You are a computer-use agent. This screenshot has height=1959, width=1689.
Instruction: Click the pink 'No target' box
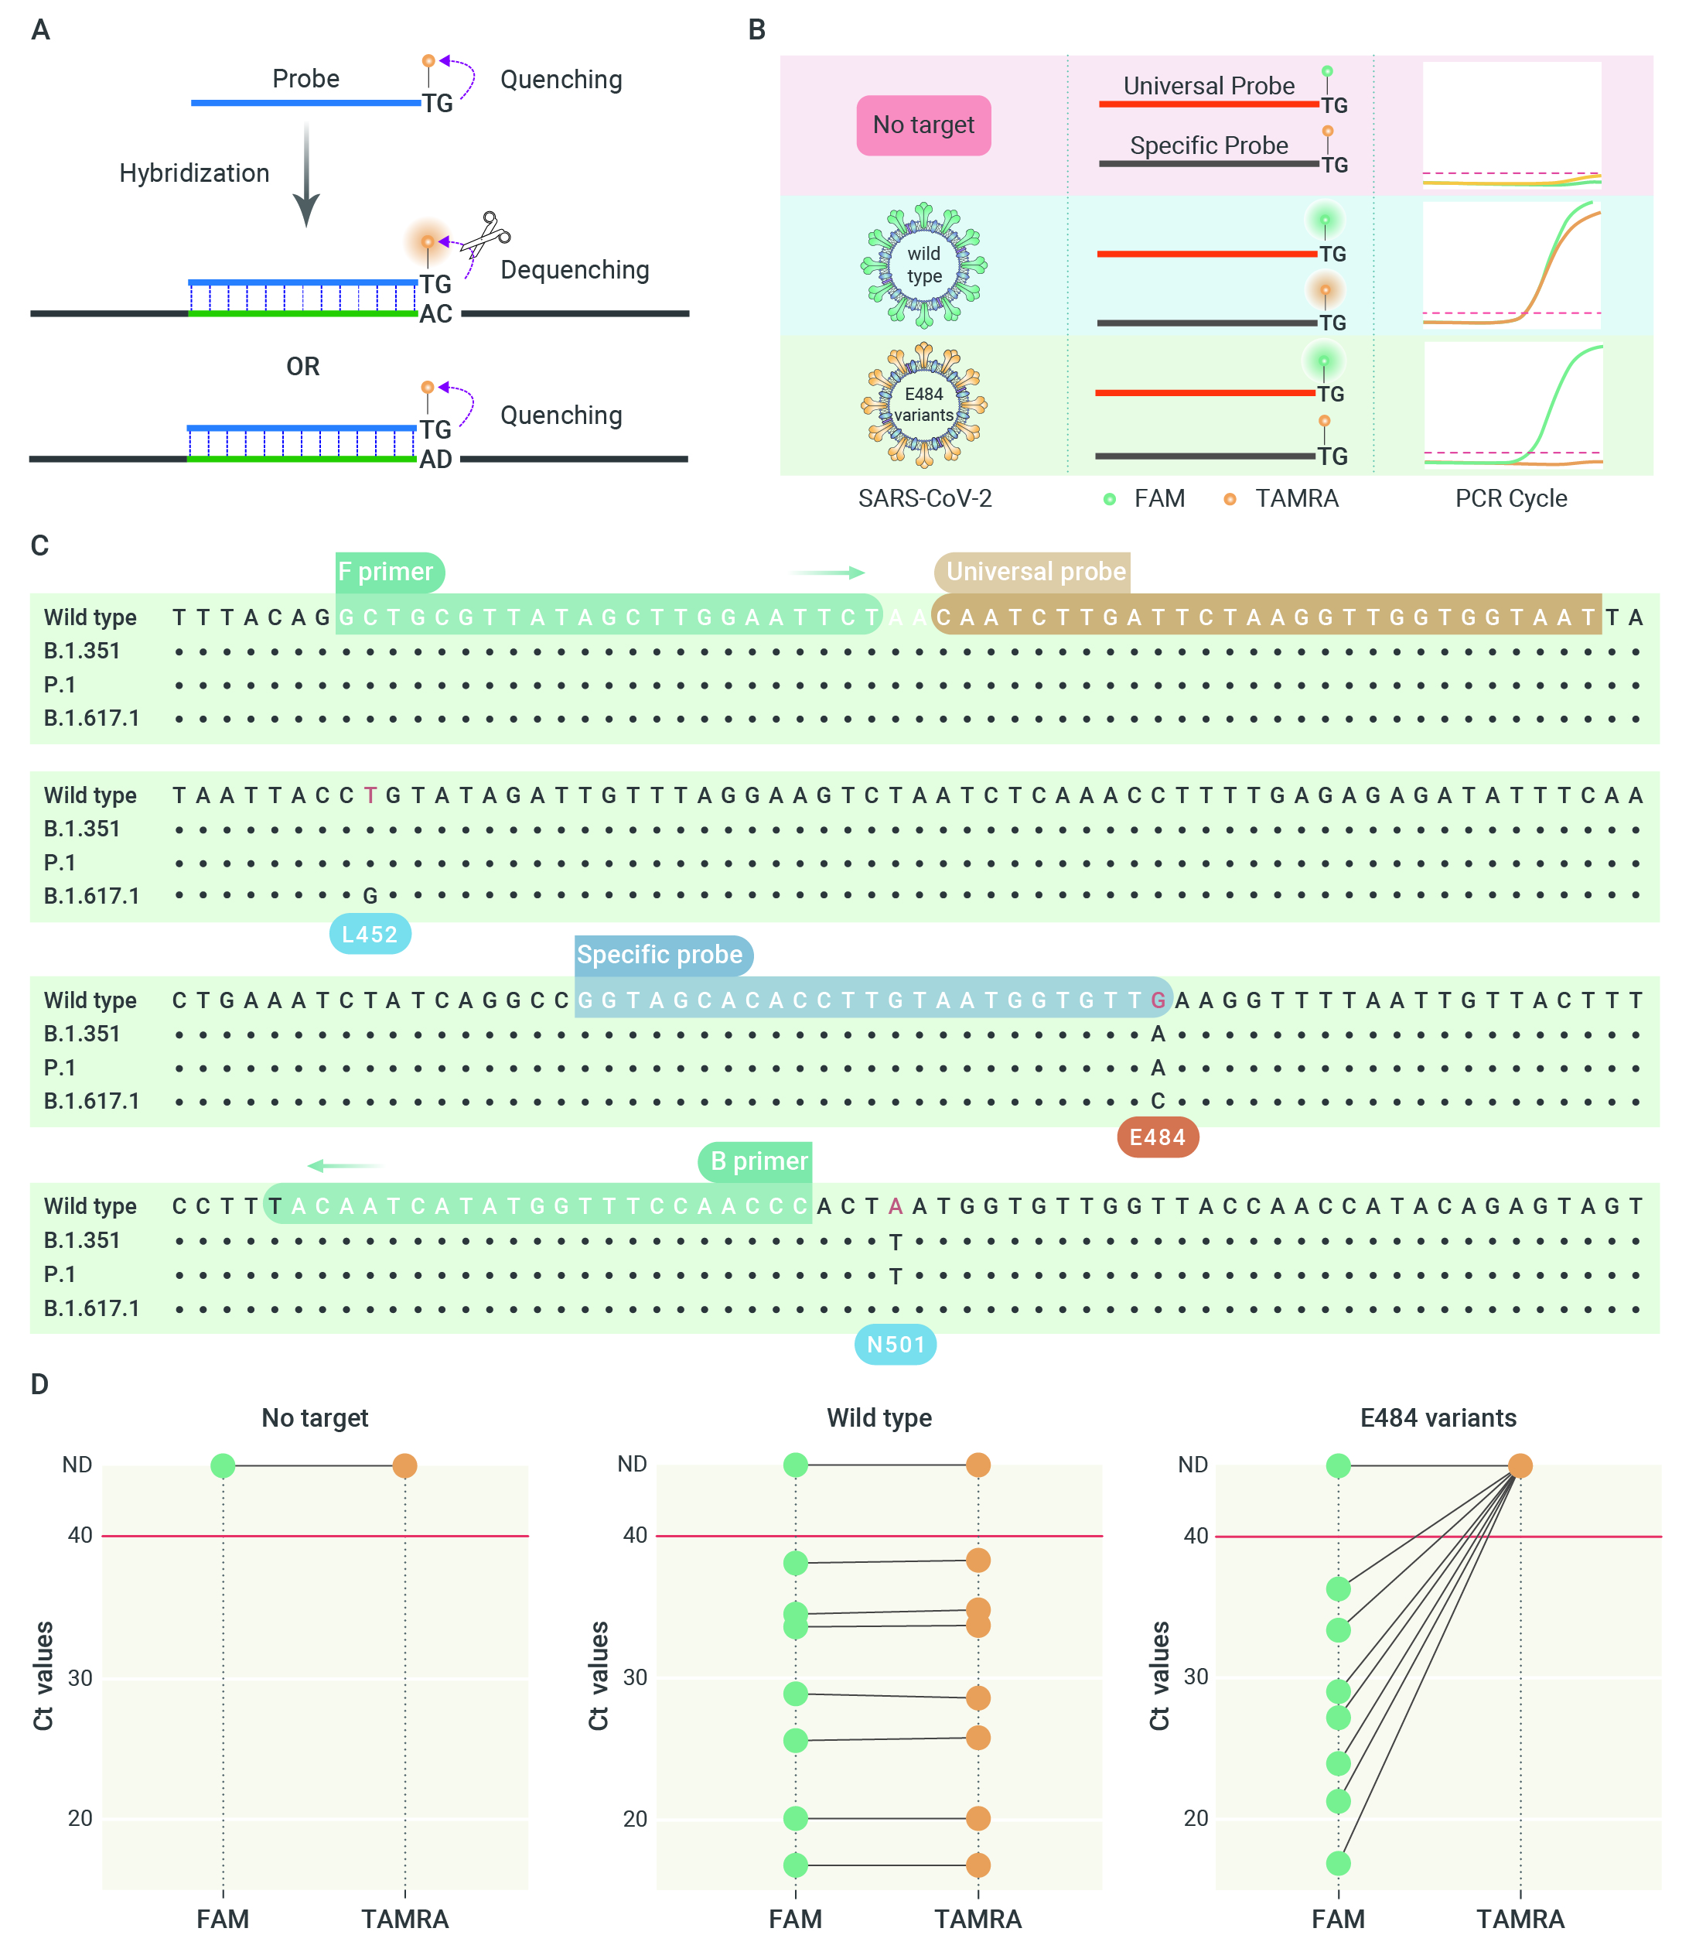click(x=923, y=125)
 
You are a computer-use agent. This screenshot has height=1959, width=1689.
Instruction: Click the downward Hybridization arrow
click(x=305, y=174)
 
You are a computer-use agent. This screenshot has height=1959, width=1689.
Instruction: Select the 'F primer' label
click(x=390, y=572)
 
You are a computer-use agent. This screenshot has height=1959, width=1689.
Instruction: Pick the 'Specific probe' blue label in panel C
click(x=664, y=955)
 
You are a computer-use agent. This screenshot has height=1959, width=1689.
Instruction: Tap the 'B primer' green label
click(x=756, y=1161)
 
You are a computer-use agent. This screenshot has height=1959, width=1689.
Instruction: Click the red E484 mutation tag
click(x=1158, y=1137)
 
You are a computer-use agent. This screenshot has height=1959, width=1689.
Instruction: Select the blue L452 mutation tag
click(x=370, y=934)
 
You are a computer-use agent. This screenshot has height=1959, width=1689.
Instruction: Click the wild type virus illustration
click(x=923, y=265)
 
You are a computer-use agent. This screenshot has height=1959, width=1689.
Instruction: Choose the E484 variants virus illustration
click(x=923, y=405)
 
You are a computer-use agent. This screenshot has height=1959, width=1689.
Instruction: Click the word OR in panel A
click(x=303, y=366)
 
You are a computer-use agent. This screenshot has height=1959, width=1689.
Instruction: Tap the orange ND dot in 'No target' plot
click(x=404, y=1465)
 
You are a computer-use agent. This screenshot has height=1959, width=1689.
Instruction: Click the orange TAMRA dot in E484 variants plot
click(x=1520, y=1465)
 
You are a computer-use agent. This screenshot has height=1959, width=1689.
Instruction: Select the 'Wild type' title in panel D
click(x=879, y=1417)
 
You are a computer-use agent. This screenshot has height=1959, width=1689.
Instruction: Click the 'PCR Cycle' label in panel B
click(x=1510, y=498)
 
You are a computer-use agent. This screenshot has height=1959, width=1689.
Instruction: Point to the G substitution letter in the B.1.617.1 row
click(x=370, y=895)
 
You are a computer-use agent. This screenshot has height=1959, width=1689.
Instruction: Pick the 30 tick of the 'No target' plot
click(x=80, y=1677)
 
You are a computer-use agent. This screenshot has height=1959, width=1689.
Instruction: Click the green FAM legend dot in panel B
click(x=1110, y=499)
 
